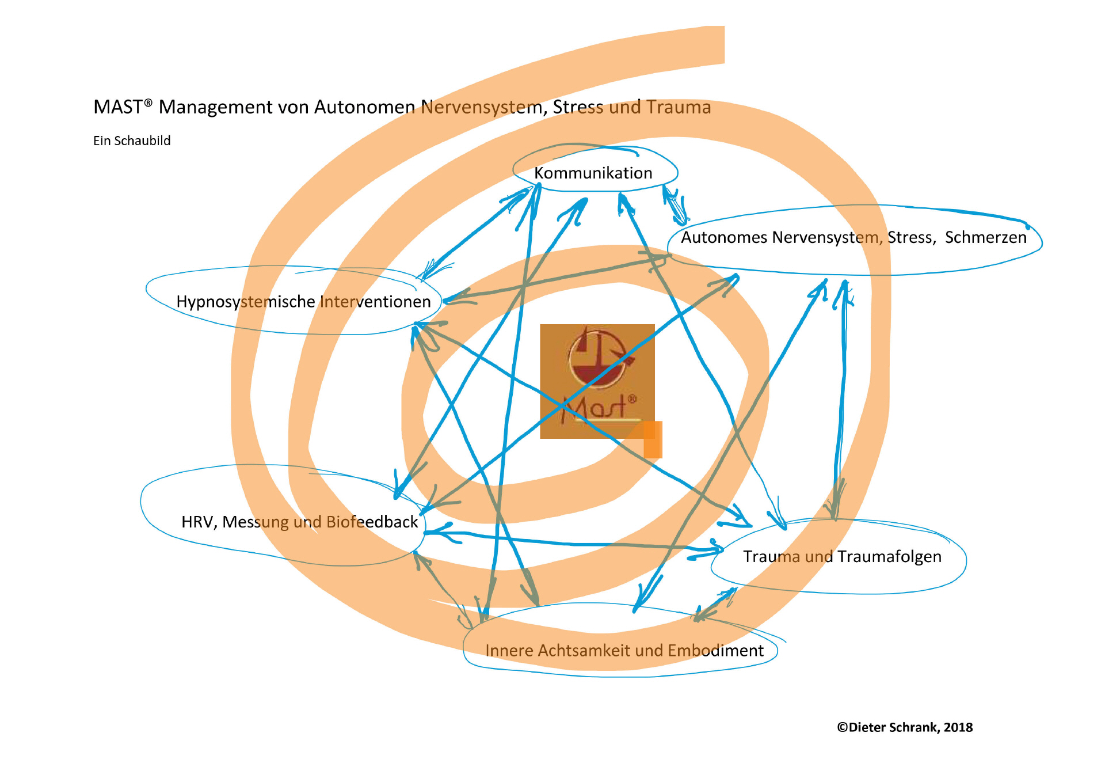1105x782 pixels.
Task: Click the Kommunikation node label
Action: pos(593,173)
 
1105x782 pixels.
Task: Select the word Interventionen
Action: pos(375,301)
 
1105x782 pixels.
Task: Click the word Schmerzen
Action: pos(985,237)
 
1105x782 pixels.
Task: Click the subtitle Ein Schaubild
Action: pos(132,141)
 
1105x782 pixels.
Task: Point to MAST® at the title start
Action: pos(123,107)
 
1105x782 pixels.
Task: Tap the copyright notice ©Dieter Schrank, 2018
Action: pos(905,727)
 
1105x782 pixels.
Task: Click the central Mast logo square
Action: pos(597,381)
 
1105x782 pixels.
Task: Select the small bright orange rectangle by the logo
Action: pos(653,440)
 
